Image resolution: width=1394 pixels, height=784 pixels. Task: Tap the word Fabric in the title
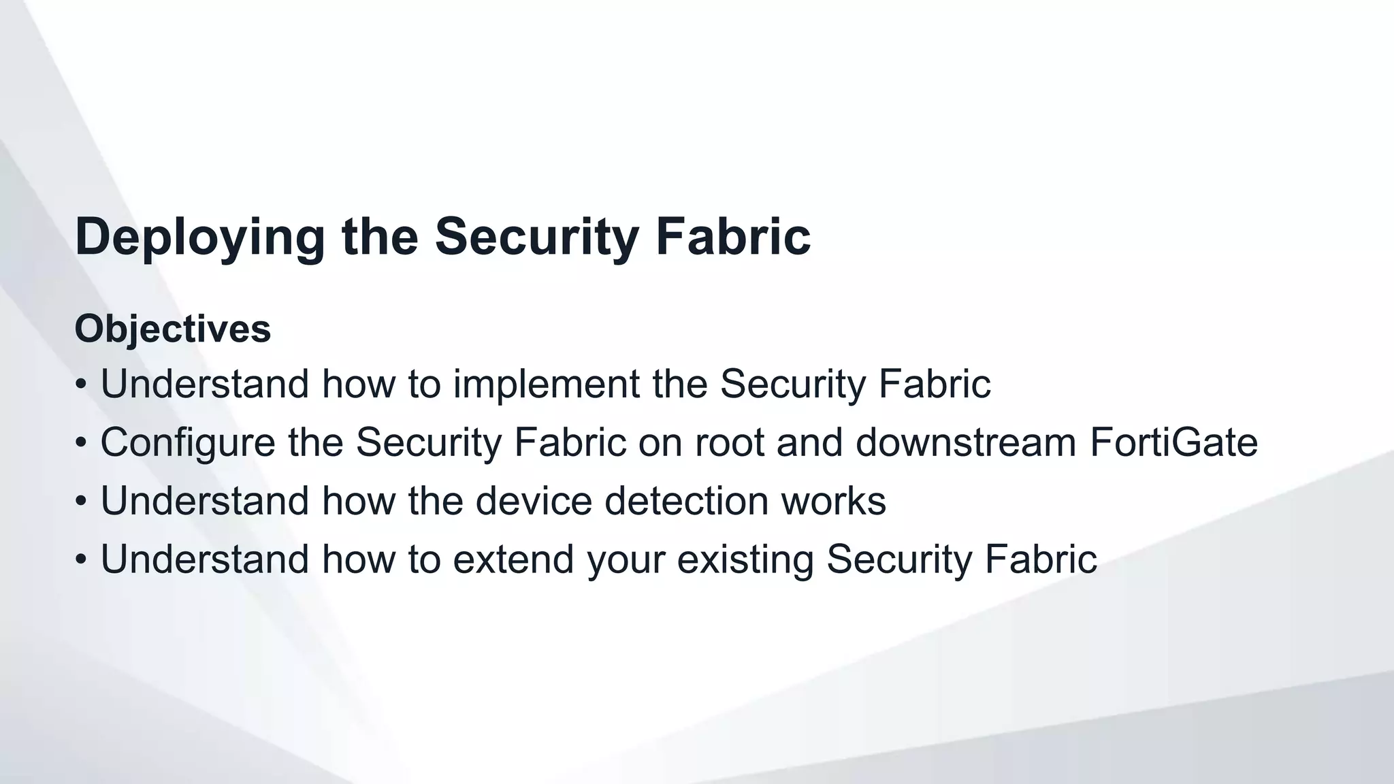(x=732, y=237)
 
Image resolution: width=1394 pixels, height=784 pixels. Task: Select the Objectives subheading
(x=172, y=329)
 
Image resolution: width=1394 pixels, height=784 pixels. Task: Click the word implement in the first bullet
(x=546, y=384)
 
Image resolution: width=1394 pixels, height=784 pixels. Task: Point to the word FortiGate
(x=1173, y=442)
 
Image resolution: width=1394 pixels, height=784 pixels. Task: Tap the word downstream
(x=966, y=442)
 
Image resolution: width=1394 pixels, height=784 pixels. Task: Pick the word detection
(x=686, y=501)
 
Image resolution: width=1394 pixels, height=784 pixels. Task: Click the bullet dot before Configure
(x=81, y=444)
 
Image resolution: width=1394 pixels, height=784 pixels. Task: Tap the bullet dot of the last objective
(x=81, y=561)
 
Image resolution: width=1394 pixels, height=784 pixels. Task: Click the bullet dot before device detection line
(x=81, y=502)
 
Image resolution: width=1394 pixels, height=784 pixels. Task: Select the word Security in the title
(x=536, y=237)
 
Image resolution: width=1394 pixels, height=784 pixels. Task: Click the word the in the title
(x=380, y=237)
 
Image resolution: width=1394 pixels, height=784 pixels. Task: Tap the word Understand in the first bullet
(x=205, y=384)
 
